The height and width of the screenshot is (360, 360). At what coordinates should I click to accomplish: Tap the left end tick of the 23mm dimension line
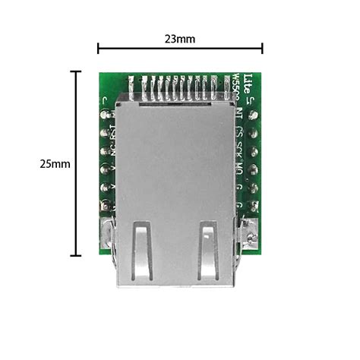[x=98, y=48]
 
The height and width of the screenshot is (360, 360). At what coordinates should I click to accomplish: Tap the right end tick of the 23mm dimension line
[x=263, y=48]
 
